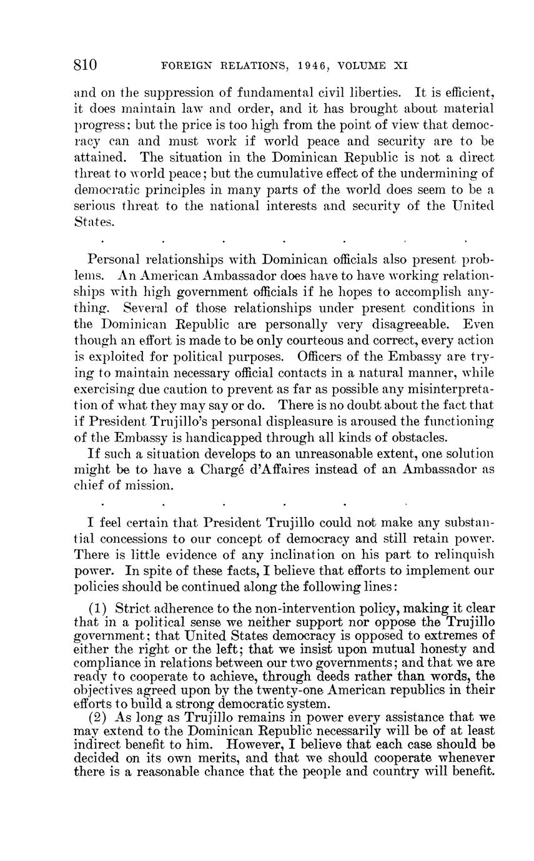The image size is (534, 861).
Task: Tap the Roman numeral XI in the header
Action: (x=401, y=66)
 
